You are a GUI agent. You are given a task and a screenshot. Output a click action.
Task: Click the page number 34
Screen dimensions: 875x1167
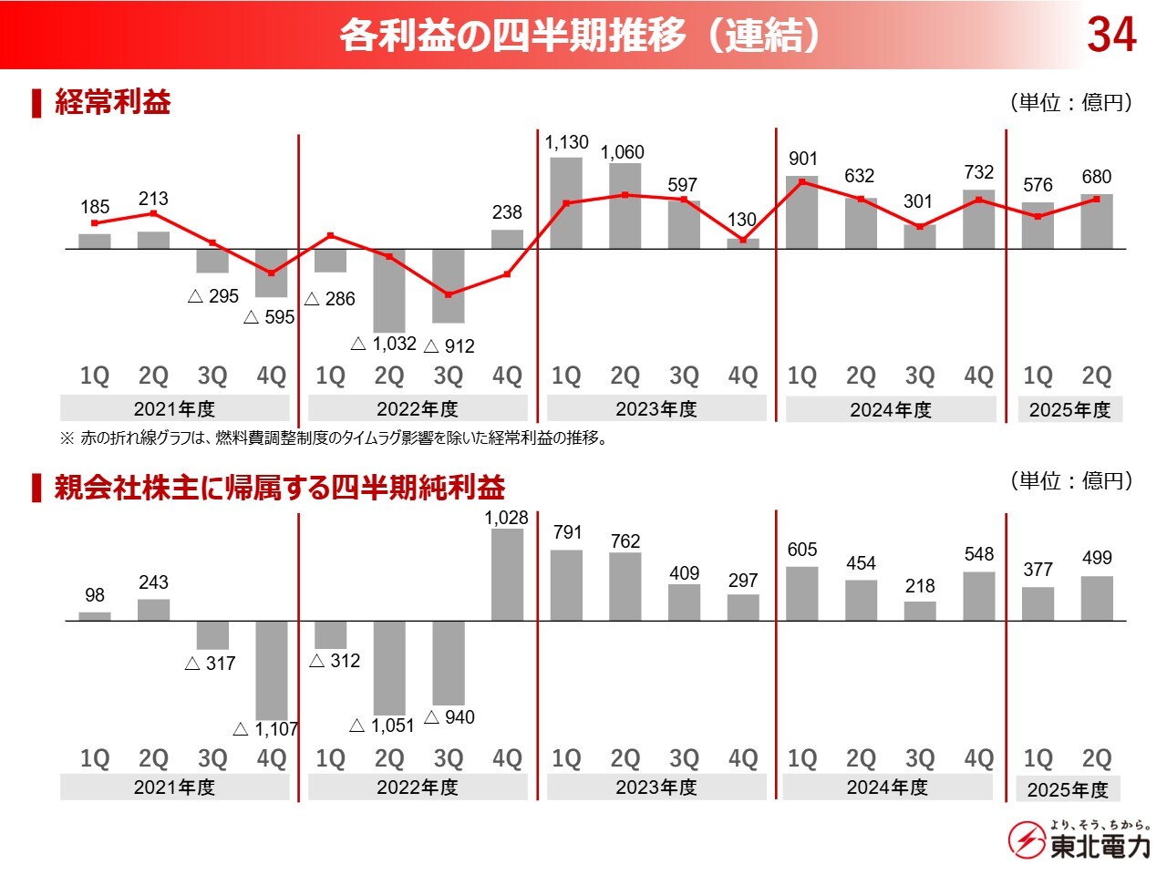(1111, 35)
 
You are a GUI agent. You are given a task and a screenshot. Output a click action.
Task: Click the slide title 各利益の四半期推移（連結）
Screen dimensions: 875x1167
(582, 36)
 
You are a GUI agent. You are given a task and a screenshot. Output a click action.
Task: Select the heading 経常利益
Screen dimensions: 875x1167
(112, 101)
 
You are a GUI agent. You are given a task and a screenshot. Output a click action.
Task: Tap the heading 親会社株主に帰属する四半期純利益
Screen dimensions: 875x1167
(279, 488)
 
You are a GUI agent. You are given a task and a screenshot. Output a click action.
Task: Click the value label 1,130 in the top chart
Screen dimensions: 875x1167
(566, 142)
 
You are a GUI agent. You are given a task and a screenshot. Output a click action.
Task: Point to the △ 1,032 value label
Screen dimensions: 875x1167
(384, 344)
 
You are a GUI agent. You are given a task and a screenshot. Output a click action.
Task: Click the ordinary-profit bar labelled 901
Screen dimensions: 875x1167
(801, 212)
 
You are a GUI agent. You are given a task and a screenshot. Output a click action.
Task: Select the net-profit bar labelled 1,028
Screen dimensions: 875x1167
(508, 574)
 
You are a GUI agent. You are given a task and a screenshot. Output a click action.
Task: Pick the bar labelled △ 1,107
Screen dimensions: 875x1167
(272, 670)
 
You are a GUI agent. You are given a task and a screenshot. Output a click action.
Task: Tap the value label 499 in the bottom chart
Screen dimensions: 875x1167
(1097, 558)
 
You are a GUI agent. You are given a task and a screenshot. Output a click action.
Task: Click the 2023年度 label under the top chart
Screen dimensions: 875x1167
(656, 409)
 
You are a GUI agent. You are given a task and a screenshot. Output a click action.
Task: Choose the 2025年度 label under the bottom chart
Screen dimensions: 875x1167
(1068, 789)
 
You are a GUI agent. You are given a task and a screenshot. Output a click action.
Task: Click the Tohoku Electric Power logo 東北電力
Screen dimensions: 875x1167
(1079, 840)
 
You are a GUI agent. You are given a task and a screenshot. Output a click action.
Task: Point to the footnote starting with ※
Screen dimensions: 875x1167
(334, 438)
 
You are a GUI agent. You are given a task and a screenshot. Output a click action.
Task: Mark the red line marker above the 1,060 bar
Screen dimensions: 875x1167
(625, 195)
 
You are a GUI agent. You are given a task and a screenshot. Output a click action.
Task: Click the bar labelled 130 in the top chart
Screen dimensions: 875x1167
(743, 243)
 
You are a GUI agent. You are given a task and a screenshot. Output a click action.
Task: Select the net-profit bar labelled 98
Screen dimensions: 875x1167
(95, 616)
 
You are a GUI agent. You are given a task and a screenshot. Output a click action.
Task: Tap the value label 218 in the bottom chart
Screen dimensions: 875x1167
(920, 586)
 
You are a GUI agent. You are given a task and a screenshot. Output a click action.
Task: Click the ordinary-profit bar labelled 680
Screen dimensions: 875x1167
(1097, 221)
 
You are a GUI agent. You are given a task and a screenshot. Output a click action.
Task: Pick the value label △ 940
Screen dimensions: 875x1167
(449, 717)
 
